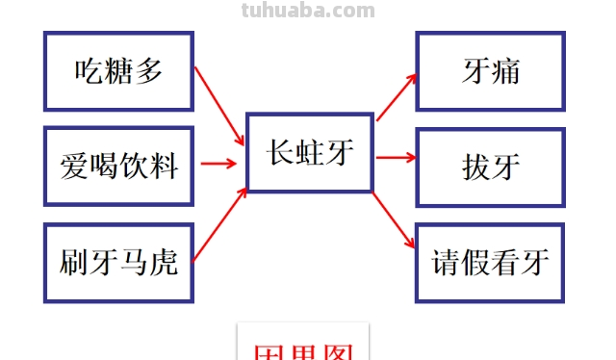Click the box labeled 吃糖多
[x=118, y=70]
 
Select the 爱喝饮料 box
[x=118, y=165]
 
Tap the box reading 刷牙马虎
[x=118, y=261]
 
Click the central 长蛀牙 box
[x=309, y=153]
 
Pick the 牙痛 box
[x=490, y=70]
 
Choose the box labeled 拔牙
[x=490, y=167]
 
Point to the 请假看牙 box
[x=490, y=262]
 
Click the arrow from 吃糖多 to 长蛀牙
[x=218, y=105]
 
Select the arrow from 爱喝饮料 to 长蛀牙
[x=218, y=164]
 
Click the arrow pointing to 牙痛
[x=396, y=96]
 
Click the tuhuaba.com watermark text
[x=307, y=11]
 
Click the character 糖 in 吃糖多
[x=118, y=70]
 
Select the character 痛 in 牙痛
[x=505, y=70]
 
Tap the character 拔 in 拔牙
[x=475, y=167]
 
